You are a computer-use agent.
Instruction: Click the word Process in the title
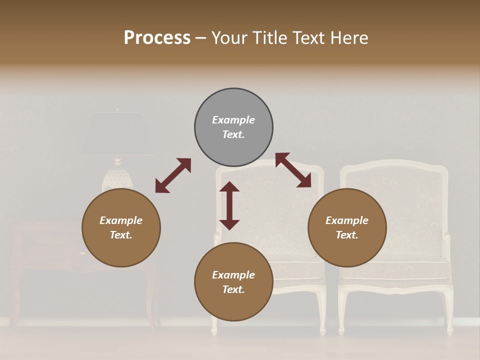click(157, 38)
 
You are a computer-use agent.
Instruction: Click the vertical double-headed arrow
click(229, 205)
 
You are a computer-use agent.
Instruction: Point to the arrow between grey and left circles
click(173, 175)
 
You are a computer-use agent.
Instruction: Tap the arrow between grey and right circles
click(293, 170)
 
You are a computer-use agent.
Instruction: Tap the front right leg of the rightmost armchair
click(448, 312)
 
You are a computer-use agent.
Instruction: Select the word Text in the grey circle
click(233, 134)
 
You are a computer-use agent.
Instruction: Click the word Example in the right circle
click(347, 220)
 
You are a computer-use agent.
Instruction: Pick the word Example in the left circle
click(121, 220)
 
